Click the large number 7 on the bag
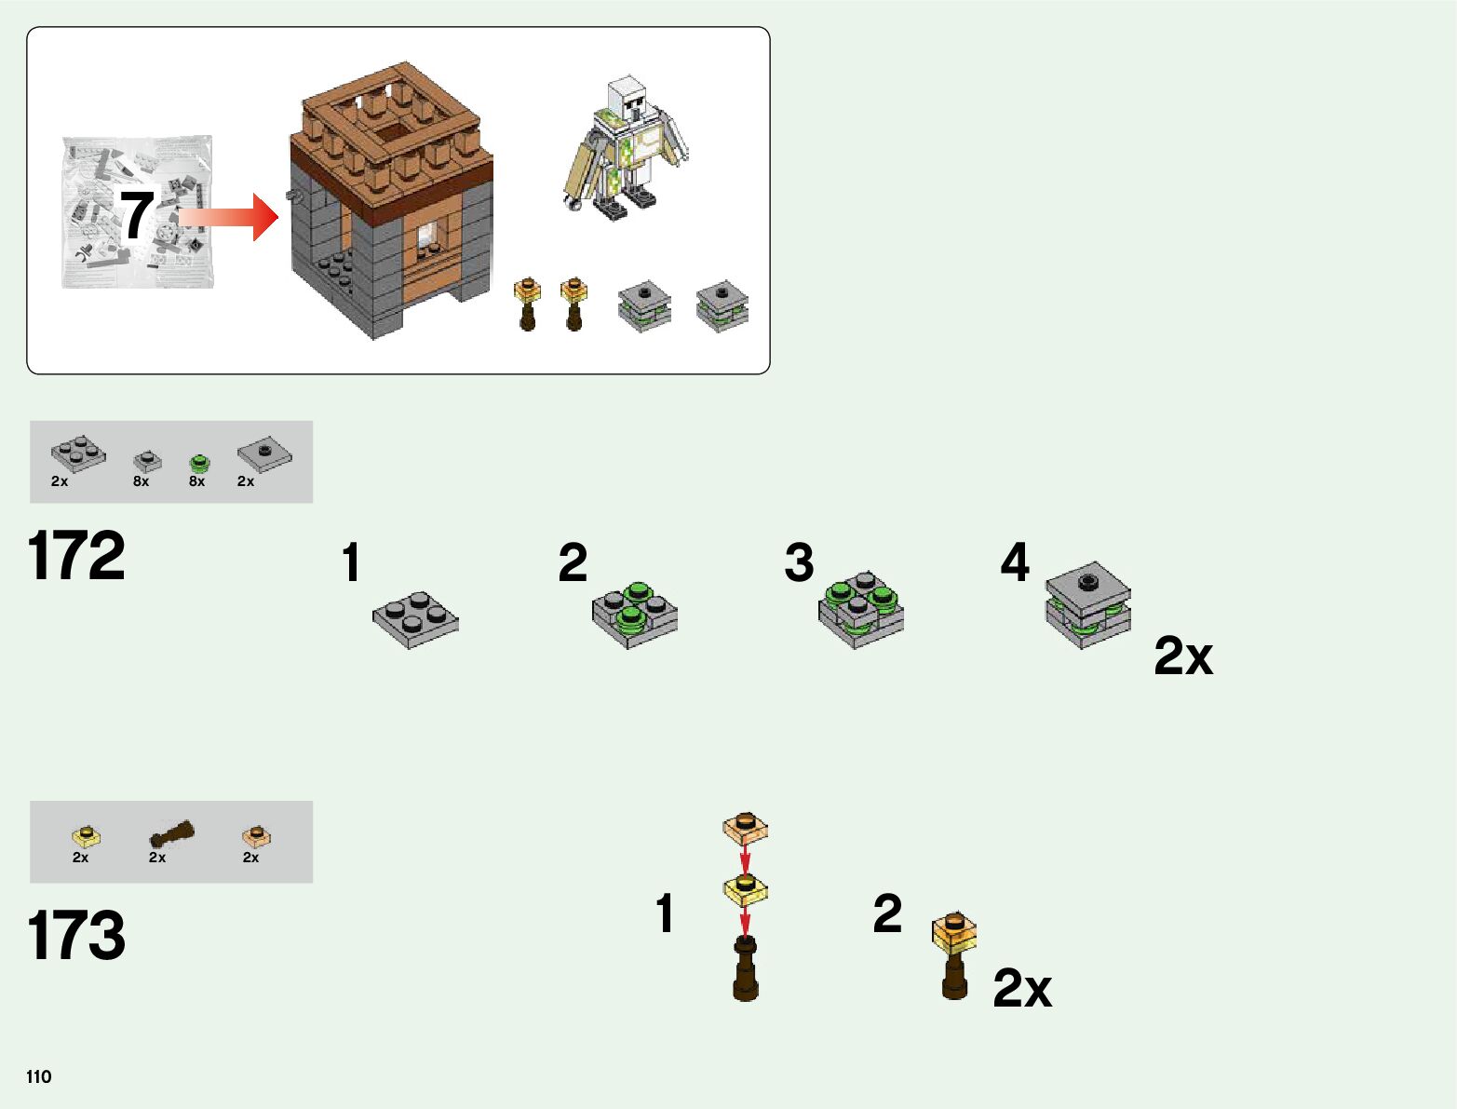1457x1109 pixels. pyautogui.click(x=137, y=215)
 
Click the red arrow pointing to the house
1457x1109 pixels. pyautogui.click(x=233, y=217)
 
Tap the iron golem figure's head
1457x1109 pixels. pyautogui.click(x=627, y=96)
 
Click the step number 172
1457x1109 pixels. pyautogui.click(x=76, y=556)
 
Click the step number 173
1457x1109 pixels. pyautogui.click(x=76, y=935)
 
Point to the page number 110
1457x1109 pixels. pyautogui.click(x=39, y=1076)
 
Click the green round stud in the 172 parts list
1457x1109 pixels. pyautogui.click(x=198, y=463)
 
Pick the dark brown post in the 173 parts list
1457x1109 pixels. pyautogui.click(x=172, y=833)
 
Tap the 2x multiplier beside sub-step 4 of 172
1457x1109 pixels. pyautogui.click(x=1182, y=656)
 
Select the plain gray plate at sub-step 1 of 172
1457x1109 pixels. pyautogui.click(x=415, y=618)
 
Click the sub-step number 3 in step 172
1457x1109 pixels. pyautogui.click(x=799, y=563)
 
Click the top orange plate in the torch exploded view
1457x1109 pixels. pyautogui.click(x=745, y=826)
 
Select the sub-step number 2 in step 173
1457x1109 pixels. pyautogui.click(x=887, y=913)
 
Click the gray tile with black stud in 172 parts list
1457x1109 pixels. pyautogui.click(x=264, y=455)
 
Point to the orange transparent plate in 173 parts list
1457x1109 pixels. pyautogui.click(x=256, y=835)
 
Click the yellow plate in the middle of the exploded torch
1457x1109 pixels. pyautogui.click(x=745, y=888)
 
